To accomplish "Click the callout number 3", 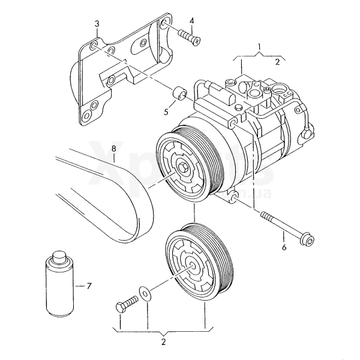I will pyautogui.click(x=97, y=23).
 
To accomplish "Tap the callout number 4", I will pyautogui.click(x=191, y=21).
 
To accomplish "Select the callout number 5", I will pyautogui.click(x=166, y=111).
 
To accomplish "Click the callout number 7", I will pyautogui.click(x=89, y=286).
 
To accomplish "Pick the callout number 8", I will pyautogui.click(x=113, y=147).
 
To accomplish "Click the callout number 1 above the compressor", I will pyautogui.click(x=260, y=46).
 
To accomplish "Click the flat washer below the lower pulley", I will pyautogui.click(x=145, y=293).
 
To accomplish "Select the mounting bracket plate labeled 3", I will pyautogui.click(x=114, y=72).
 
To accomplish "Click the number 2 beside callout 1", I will pyautogui.click(x=278, y=61).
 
